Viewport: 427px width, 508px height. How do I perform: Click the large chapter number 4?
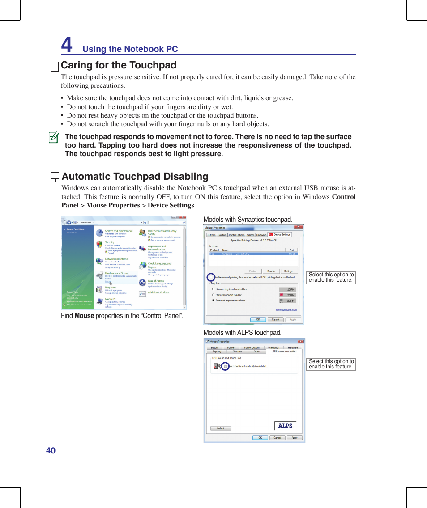(x=66, y=45)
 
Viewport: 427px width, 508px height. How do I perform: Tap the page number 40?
(x=51, y=450)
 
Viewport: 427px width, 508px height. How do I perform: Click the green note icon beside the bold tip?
(x=54, y=137)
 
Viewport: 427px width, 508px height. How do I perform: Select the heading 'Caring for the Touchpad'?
(x=119, y=65)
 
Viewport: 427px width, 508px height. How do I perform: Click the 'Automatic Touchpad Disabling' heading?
(x=135, y=177)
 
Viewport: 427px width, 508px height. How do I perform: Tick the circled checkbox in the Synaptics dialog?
(x=211, y=277)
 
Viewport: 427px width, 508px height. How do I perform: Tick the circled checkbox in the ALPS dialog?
(x=225, y=366)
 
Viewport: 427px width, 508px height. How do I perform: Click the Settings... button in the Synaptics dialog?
(x=289, y=271)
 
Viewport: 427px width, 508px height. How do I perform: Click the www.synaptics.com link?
(x=286, y=309)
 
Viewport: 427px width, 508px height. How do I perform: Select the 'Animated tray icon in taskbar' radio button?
(x=213, y=301)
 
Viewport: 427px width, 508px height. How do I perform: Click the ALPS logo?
(x=285, y=426)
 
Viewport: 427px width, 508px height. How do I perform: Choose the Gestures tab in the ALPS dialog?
(x=237, y=351)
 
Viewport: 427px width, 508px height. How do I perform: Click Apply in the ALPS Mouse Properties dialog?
(x=294, y=438)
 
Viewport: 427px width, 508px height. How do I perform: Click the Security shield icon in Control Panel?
(x=99, y=244)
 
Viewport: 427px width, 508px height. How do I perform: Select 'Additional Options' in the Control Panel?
(x=158, y=292)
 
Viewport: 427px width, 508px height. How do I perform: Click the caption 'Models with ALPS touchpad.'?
(x=242, y=333)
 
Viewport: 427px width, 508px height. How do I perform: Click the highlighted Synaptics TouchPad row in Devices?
(x=253, y=254)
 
